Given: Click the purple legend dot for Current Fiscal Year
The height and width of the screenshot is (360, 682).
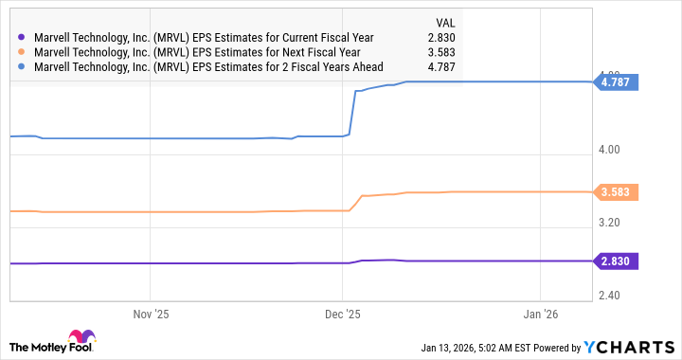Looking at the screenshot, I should click(22, 37).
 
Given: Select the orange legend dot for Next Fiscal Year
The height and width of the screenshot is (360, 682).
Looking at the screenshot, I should click(22, 52).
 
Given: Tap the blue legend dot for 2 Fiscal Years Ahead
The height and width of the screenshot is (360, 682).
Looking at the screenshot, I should click(22, 67).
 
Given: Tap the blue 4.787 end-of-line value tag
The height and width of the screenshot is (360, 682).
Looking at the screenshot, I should click(618, 82).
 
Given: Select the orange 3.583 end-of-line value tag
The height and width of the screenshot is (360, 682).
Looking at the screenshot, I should click(618, 192).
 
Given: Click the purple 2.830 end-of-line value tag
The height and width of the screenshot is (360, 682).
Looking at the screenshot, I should click(618, 261).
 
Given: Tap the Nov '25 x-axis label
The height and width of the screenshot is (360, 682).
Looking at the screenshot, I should click(150, 315).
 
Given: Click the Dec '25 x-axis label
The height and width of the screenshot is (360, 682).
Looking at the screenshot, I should click(344, 315).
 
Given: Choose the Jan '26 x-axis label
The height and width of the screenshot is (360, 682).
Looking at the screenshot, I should click(539, 315).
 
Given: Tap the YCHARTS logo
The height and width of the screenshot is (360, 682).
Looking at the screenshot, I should click(630, 347).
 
